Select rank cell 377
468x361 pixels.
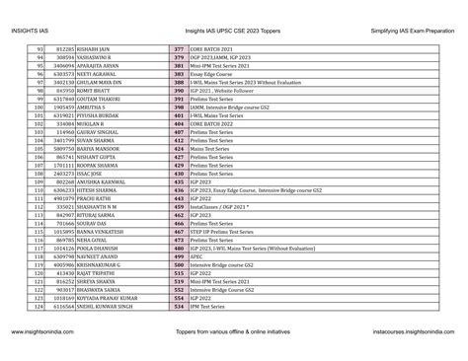(179, 48)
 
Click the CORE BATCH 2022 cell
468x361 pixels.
(217, 128)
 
